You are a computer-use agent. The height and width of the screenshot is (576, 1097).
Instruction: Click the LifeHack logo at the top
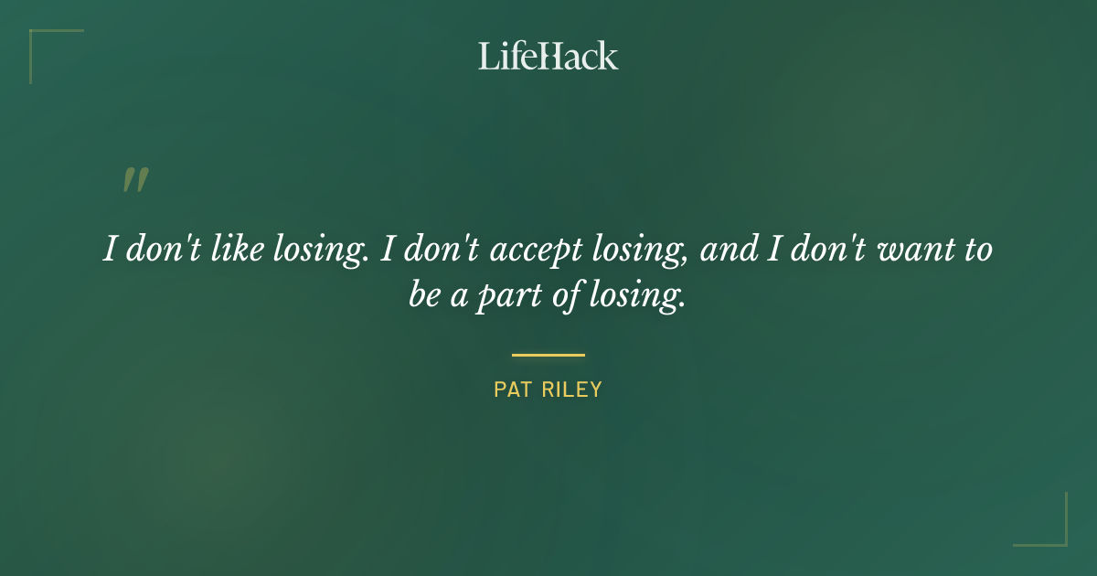tap(548, 56)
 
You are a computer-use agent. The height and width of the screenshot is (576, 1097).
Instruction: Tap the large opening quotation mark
tap(135, 180)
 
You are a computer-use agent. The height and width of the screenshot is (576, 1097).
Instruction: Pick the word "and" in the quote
tap(728, 250)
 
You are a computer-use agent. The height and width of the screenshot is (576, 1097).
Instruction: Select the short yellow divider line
tap(548, 355)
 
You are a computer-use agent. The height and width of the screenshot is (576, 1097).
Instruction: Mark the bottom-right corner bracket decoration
tap(1051, 530)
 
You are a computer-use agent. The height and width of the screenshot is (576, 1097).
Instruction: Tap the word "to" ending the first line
tap(975, 250)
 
